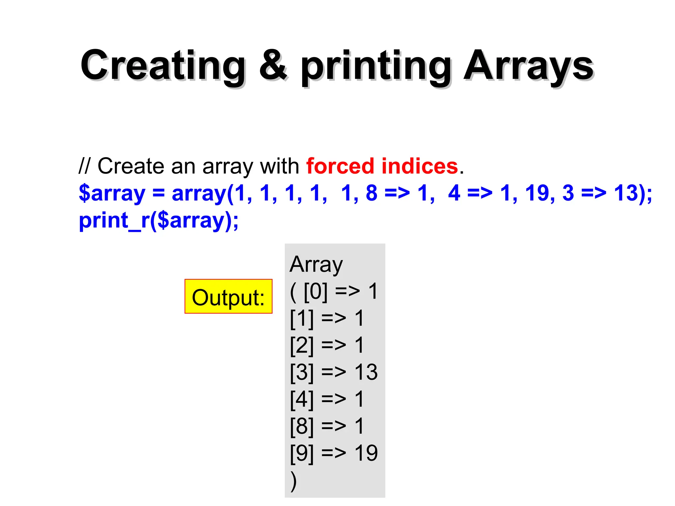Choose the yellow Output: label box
tap(228, 297)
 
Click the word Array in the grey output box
tap(316, 265)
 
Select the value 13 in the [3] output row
tap(366, 372)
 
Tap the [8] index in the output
tap(302, 426)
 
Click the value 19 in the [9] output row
tap(366, 453)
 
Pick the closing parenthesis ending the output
tap(293, 481)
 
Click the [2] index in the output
tap(302, 345)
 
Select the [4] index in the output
tap(302, 399)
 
